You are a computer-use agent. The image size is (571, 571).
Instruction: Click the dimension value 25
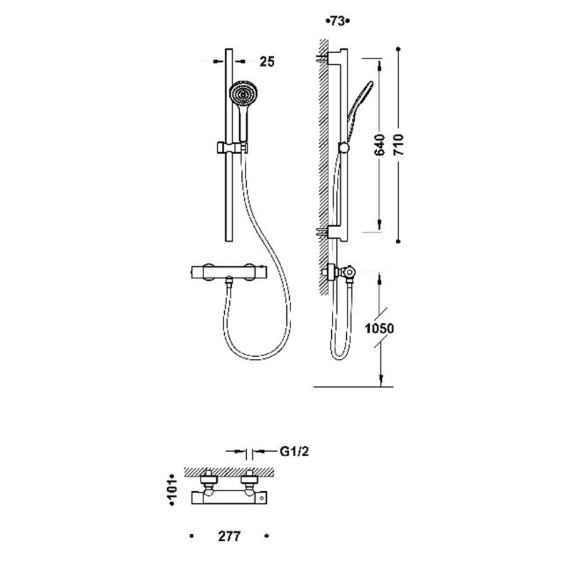tap(266, 61)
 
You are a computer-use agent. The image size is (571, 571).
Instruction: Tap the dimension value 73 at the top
tap(338, 21)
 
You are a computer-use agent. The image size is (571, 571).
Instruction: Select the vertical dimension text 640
tap(380, 145)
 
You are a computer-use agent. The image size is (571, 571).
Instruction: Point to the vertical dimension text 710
tap(399, 145)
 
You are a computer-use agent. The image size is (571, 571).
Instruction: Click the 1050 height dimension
tap(380, 328)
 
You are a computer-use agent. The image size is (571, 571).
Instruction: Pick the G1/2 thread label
tap(294, 452)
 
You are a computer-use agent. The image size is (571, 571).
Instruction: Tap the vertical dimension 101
tap(173, 490)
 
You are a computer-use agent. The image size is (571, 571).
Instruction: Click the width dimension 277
tap(229, 536)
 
